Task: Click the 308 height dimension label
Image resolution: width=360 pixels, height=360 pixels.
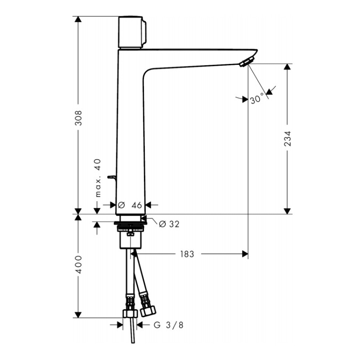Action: click(x=78, y=118)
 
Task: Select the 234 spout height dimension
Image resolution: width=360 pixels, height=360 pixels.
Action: click(x=288, y=139)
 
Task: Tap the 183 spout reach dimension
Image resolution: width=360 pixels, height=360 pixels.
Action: click(x=187, y=254)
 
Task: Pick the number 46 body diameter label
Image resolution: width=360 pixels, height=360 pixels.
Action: click(x=137, y=205)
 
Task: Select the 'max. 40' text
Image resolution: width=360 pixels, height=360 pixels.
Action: click(x=99, y=178)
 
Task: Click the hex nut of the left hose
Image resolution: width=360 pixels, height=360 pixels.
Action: click(x=130, y=314)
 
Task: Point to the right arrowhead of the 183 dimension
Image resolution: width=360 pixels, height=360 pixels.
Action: click(x=245, y=254)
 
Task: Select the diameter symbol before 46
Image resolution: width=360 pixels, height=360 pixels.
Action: click(x=121, y=205)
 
